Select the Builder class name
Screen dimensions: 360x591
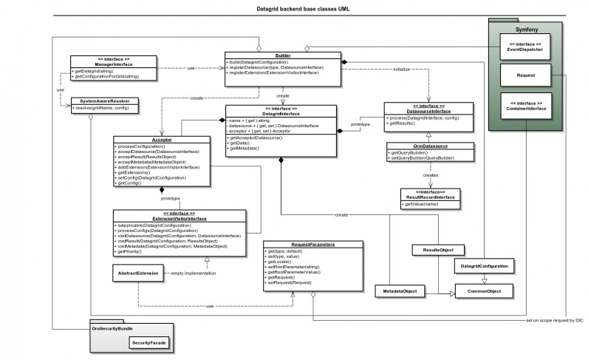click(281, 55)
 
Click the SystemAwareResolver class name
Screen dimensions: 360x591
click(103, 101)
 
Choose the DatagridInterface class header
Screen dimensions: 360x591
click(281, 112)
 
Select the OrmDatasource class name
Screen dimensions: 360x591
click(420, 146)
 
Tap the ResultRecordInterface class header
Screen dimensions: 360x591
click(431, 194)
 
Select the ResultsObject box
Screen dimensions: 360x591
click(437, 251)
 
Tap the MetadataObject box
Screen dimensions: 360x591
click(400, 292)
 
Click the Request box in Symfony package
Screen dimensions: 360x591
click(526, 75)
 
